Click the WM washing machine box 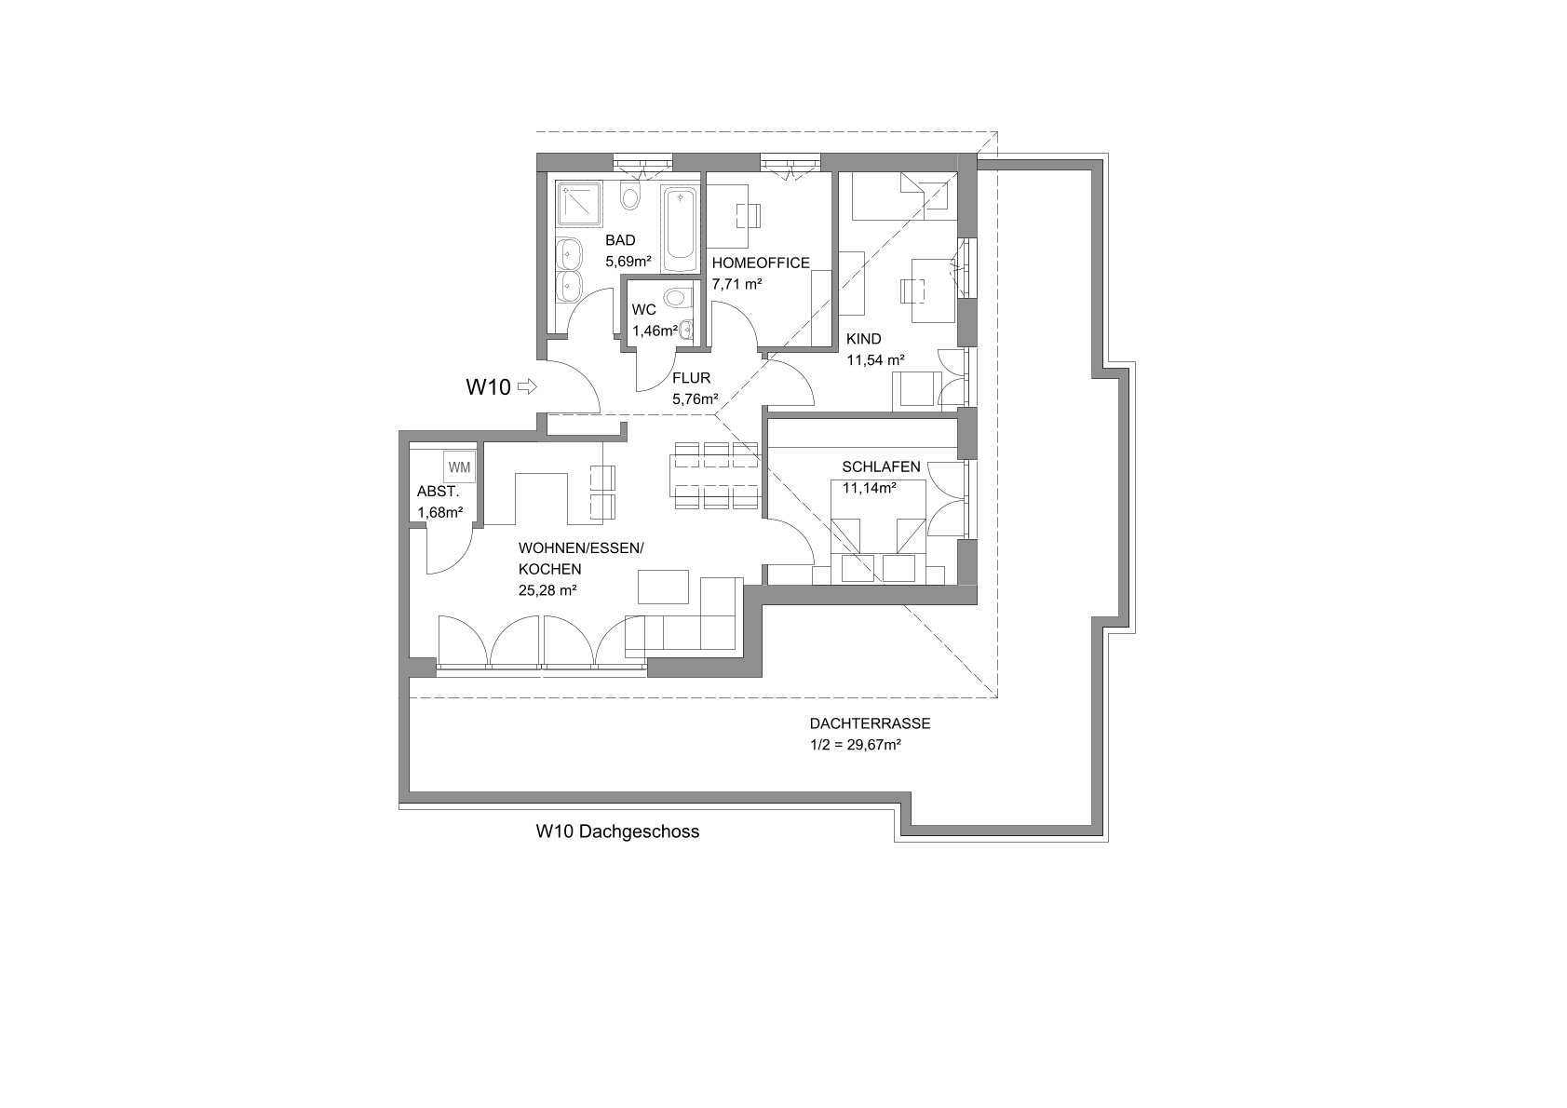(x=460, y=466)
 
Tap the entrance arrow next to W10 (x=528, y=386)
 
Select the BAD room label (x=620, y=240)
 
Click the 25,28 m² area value (x=547, y=590)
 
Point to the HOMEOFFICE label (x=761, y=263)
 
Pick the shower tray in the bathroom (x=578, y=204)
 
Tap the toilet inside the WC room (x=677, y=299)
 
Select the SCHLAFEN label (x=881, y=466)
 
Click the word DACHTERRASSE (x=870, y=723)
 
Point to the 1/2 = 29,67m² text (x=855, y=745)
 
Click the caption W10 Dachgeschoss (x=617, y=831)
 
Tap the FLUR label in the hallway (x=691, y=378)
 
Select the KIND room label (x=863, y=339)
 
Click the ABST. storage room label (x=438, y=491)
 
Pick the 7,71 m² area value (x=736, y=284)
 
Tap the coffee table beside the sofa (x=663, y=587)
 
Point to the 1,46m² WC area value (x=655, y=331)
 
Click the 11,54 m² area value (x=875, y=360)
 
